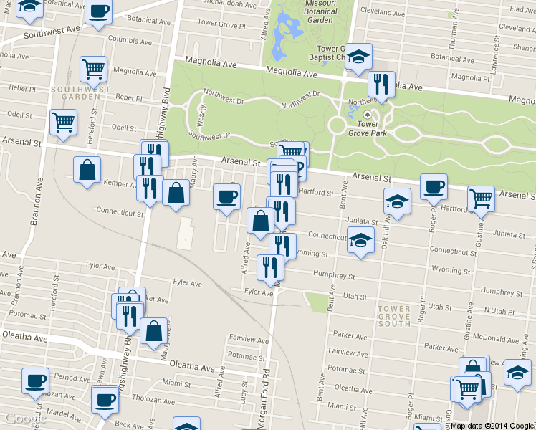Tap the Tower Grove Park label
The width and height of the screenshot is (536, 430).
coord(368,127)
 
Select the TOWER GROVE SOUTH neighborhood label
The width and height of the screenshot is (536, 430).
coord(394,316)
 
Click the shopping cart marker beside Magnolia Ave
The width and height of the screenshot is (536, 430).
coord(93,69)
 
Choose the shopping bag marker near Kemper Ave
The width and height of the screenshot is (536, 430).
coord(87,170)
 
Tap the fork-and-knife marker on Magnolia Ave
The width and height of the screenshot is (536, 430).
coord(381,84)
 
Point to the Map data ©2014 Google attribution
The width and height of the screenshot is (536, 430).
coord(492,425)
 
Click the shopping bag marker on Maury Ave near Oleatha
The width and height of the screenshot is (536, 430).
coord(153,331)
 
